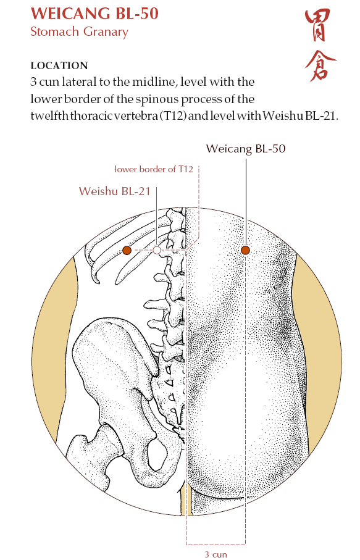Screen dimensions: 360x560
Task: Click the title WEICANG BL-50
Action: pos(94,14)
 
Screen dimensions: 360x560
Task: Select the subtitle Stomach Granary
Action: pos(79,31)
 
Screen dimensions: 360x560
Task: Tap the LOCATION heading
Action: pos(59,65)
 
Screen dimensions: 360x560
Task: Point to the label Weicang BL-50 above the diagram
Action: pos(246,149)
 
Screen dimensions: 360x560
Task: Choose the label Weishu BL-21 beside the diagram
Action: pos(115,191)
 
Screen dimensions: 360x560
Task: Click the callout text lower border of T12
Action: pos(154,169)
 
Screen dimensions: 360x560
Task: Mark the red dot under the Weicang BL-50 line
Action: pos(245,250)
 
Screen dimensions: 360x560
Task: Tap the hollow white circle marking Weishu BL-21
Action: pos(157,250)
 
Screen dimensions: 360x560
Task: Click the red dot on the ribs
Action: pos(127,250)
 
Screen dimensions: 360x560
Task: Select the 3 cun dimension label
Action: pos(216,554)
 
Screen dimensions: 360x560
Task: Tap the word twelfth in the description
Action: pos(49,117)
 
